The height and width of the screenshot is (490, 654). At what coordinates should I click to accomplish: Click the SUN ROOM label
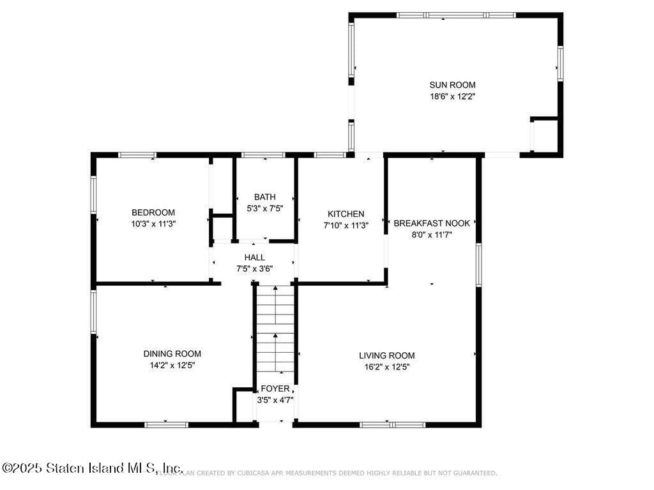452,85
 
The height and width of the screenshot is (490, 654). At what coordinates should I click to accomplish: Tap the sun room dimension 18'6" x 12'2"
452,96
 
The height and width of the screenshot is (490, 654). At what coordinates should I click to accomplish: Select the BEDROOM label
153,212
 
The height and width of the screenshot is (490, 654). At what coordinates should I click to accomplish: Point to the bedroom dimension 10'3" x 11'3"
153,224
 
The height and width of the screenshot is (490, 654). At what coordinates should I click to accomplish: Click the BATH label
264,197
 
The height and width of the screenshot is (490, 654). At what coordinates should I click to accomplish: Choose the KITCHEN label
346,214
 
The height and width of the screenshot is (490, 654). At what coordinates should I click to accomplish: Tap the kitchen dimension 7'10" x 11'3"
346,225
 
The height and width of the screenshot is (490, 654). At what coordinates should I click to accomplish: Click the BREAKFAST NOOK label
432,223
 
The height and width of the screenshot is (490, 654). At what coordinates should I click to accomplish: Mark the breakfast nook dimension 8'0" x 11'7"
432,235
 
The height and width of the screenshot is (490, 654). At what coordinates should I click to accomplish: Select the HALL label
254,257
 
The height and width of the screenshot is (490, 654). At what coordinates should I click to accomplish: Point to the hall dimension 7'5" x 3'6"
254,269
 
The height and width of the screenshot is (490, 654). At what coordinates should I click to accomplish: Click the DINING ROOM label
172,353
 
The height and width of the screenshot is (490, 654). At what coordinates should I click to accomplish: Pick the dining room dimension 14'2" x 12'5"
172,366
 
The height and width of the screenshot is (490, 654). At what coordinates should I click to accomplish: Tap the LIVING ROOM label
386,355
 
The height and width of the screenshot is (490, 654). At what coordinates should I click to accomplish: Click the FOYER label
275,389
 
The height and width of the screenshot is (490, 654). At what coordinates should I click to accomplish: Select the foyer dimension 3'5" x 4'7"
275,400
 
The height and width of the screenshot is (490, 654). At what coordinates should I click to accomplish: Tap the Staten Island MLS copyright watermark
93,468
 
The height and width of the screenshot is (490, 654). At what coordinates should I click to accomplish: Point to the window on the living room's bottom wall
392,424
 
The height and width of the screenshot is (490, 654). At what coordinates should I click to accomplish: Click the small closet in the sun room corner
544,135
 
